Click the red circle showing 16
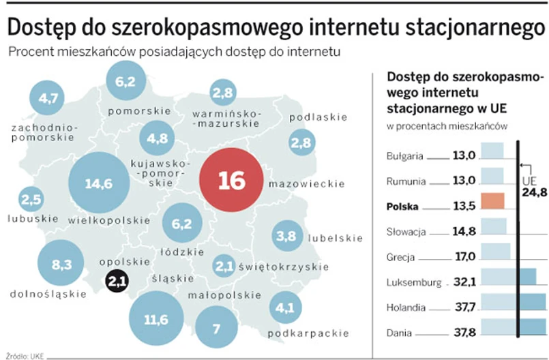click(231, 180)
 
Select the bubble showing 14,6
click(100, 183)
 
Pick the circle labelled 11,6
click(156, 318)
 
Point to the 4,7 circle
click(47, 98)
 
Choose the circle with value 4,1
click(286, 307)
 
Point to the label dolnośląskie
click(48, 295)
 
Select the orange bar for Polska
click(492, 201)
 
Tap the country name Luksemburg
click(413, 282)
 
